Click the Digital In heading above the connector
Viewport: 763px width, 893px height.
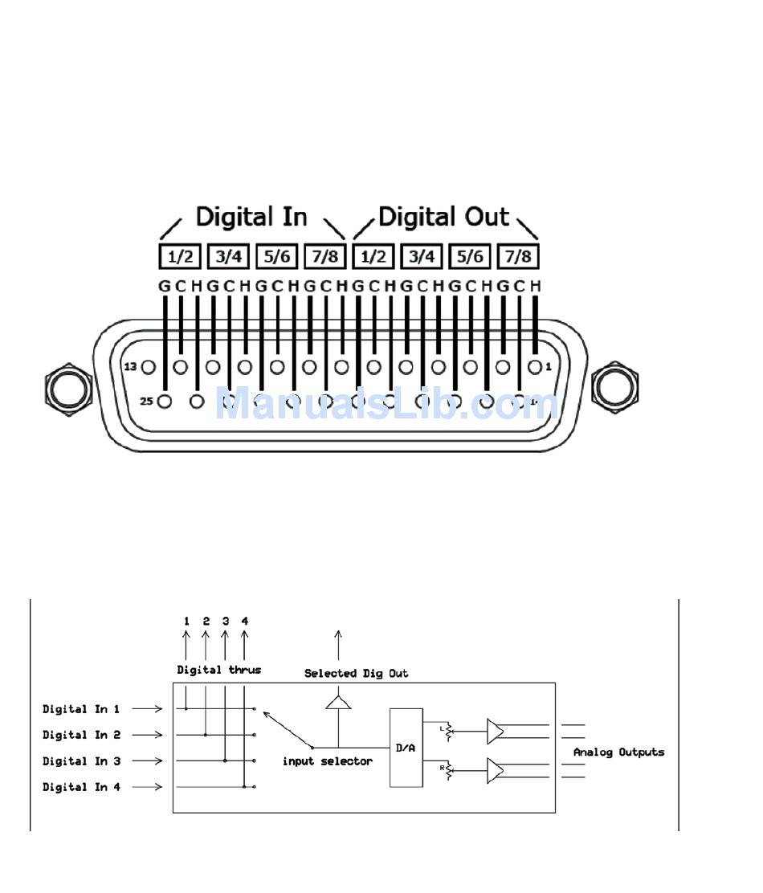[251, 217]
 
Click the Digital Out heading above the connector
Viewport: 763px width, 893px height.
[443, 217]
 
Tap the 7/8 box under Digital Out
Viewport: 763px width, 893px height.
[518, 256]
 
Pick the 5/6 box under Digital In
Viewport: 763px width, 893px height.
[277, 256]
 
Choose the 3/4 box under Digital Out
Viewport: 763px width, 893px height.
[422, 256]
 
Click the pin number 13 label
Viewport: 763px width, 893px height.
[130, 367]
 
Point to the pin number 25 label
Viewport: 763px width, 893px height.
[146, 401]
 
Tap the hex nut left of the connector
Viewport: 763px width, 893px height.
[67, 388]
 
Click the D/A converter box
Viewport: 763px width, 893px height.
[406, 748]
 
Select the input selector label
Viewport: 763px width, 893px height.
[328, 761]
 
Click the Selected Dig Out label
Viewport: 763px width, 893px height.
[356, 674]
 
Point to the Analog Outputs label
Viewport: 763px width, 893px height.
[618, 752]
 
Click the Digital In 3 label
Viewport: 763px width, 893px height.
[81, 761]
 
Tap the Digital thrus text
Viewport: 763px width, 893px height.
[219, 670]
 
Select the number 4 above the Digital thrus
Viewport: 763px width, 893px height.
[245, 621]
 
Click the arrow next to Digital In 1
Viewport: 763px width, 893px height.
[147, 709]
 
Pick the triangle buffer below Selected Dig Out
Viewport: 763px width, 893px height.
[338, 703]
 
